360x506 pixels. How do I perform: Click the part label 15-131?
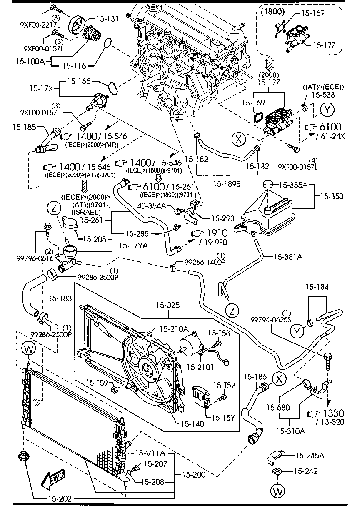click(x=107, y=18)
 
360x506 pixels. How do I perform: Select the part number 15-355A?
click(x=293, y=184)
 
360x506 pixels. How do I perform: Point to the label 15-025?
click(x=171, y=305)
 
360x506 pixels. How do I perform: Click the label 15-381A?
click(x=288, y=257)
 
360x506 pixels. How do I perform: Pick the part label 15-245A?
click(x=310, y=456)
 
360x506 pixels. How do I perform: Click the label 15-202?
click(x=58, y=498)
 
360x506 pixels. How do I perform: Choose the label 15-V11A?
click(x=150, y=453)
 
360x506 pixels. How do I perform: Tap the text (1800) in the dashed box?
click(x=272, y=12)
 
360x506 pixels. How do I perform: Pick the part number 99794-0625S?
click(x=271, y=319)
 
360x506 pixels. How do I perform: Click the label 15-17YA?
click(x=133, y=246)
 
